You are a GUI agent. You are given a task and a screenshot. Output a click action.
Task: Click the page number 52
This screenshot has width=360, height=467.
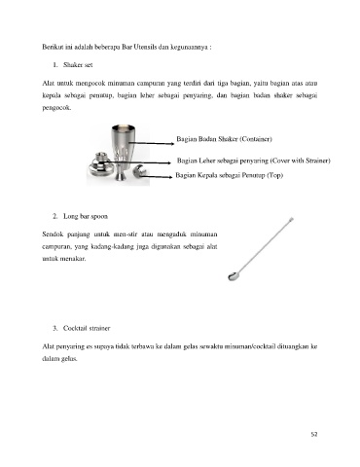pos(313,434)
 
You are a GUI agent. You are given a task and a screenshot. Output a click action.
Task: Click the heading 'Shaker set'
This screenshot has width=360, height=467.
pos(78,65)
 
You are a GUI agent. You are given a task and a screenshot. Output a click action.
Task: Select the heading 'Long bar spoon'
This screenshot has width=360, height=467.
pos(86,216)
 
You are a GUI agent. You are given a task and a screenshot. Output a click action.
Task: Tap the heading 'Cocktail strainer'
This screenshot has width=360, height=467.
pos(87,328)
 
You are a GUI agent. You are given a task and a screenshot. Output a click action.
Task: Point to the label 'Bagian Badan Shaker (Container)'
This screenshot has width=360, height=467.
pos(224,139)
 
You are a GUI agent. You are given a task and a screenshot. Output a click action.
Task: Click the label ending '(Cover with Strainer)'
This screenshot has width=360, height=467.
pos(254,161)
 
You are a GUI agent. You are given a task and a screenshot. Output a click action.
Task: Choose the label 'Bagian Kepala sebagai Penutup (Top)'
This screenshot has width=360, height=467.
pos(230,175)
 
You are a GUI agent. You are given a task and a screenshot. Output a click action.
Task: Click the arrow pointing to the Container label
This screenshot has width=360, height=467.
pos(152,143)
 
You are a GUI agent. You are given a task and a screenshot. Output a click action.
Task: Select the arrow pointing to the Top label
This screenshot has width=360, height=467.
pos(157,177)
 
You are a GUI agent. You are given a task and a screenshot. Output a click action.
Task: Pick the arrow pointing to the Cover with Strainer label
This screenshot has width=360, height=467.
pos(135,162)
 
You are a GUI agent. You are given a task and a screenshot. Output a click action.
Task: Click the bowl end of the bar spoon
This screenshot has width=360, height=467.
pos(233,276)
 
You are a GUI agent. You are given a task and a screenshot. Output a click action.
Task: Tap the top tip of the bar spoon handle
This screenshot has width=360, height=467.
pos(292,219)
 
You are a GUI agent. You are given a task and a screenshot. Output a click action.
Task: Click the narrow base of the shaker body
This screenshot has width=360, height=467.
pos(122,175)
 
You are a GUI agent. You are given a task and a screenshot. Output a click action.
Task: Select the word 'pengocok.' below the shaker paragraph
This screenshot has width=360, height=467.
pos(56,108)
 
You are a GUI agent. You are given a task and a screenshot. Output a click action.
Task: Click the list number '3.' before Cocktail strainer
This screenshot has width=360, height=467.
pos(55,328)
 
